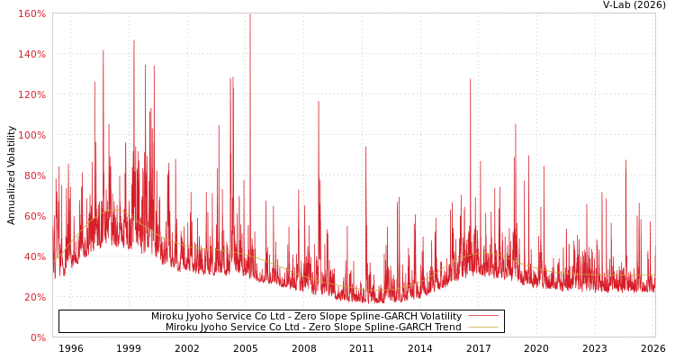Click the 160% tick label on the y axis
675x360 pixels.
(31, 13)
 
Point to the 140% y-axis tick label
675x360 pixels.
(31, 54)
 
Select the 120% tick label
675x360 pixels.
(31, 94)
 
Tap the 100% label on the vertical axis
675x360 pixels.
(31, 135)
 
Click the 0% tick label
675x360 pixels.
(37, 337)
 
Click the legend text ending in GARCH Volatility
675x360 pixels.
(306, 317)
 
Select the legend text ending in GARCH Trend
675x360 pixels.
(313, 328)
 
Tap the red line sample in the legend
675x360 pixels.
(483, 317)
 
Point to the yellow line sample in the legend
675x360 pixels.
(483, 328)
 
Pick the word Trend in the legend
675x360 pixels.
(446, 328)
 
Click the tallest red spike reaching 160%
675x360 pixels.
(250, 15)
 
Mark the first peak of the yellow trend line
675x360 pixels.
(112, 211)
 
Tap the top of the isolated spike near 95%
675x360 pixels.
(365, 147)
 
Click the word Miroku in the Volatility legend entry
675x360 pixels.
(167, 317)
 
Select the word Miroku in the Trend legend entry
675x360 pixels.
(182, 328)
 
